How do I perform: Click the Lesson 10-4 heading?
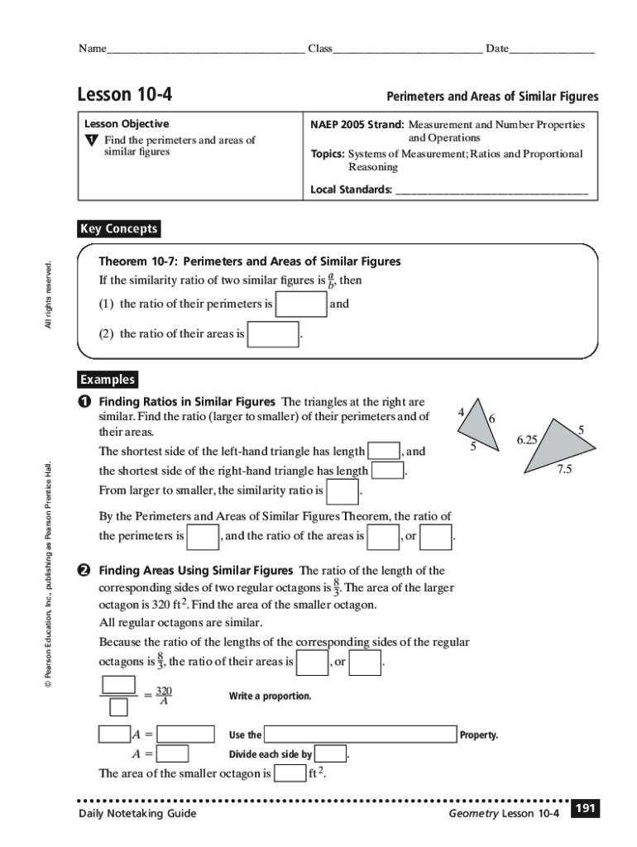pyautogui.click(x=125, y=94)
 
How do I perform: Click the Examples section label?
pyautogui.click(x=108, y=380)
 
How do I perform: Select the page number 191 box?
pyautogui.click(x=585, y=808)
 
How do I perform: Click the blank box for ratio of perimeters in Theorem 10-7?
pyautogui.click(x=301, y=304)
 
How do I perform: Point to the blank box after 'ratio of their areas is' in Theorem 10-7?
pyautogui.click(x=273, y=334)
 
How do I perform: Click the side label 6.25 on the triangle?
pyautogui.click(x=528, y=440)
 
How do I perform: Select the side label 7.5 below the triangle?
pyautogui.click(x=564, y=469)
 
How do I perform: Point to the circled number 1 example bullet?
pyautogui.click(x=84, y=401)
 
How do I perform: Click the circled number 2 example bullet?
pyautogui.click(x=84, y=571)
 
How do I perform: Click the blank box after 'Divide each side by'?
pyautogui.click(x=331, y=754)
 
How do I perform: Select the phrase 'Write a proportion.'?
pyautogui.click(x=270, y=696)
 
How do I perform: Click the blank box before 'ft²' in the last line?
pyautogui.click(x=290, y=773)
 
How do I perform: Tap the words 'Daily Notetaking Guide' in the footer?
pyautogui.click(x=137, y=814)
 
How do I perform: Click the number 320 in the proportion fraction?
pyautogui.click(x=164, y=690)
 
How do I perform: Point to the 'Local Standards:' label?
pyautogui.click(x=351, y=189)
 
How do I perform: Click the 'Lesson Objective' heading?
pyautogui.click(x=126, y=123)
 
